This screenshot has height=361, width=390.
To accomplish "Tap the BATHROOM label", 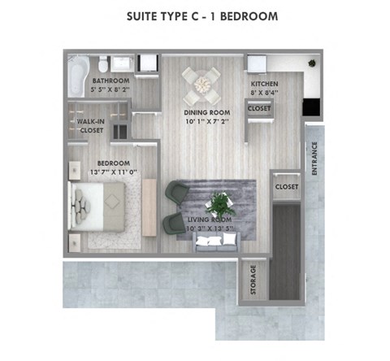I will click(110, 81).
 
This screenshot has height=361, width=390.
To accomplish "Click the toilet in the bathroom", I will click(102, 65).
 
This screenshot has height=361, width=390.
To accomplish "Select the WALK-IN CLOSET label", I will click(90, 125).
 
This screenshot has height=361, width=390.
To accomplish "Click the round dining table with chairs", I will click(201, 82).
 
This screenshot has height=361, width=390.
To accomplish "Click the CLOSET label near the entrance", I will click(286, 187).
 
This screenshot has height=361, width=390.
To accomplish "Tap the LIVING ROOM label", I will click(210, 220).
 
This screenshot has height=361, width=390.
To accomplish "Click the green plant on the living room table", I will click(219, 202).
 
